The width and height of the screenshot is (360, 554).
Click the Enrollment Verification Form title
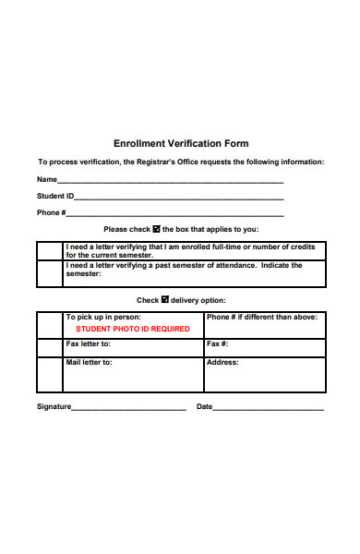click(x=181, y=144)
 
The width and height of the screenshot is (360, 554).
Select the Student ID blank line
click(x=180, y=199)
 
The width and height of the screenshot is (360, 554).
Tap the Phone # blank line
click(x=175, y=215)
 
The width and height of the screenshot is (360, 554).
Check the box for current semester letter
click(x=50, y=251)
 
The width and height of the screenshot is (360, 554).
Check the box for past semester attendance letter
click(x=50, y=273)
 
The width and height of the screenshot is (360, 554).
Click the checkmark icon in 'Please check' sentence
click(x=156, y=228)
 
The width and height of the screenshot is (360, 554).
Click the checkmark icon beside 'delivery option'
click(x=165, y=299)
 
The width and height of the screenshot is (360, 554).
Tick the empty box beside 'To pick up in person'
click(x=50, y=324)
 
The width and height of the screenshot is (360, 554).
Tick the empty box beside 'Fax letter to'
click(x=50, y=347)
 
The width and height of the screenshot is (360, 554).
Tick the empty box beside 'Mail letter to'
click(x=50, y=374)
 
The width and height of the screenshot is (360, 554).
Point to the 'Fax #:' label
click(x=217, y=343)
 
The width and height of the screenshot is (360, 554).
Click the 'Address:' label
click(x=222, y=362)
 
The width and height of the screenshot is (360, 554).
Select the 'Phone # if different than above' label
click(x=262, y=317)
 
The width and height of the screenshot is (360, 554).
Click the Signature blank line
click(x=129, y=407)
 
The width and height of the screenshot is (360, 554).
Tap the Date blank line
click(x=269, y=407)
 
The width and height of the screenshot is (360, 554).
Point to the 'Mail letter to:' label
click(x=90, y=362)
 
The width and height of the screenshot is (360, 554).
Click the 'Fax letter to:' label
click(x=89, y=343)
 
